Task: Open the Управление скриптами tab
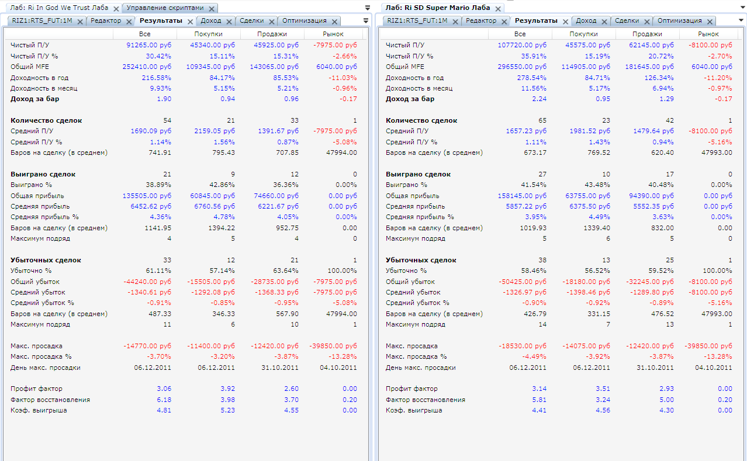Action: click(x=165, y=8)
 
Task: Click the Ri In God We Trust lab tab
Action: click(x=59, y=8)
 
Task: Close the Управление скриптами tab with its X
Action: click(x=211, y=9)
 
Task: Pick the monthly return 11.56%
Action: click(x=534, y=88)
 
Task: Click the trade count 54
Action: click(x=167, y=120)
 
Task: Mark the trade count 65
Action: click(x=542, y=120)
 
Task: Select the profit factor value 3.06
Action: click(x=164, y=389)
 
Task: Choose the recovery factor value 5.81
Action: click(x=539, y=400)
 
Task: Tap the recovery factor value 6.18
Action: click(x=164, y=400)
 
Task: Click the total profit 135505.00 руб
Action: click(x=147, y=196)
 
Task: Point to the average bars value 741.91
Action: click(x=161, y=152)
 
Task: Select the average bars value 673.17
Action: click(x=536, y=152)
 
